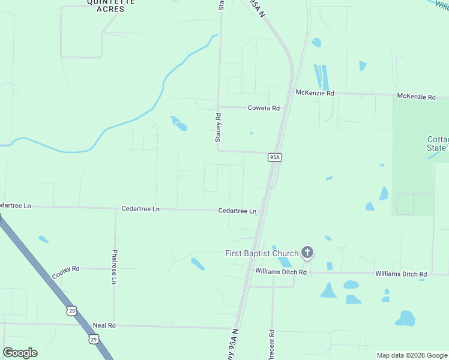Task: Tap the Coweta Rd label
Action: (264, 108)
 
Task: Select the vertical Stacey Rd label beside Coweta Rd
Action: (218, 128)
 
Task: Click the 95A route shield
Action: (275, 157)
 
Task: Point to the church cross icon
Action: (307, 253)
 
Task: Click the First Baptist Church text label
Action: (262, 253)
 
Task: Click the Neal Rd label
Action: (104, 325)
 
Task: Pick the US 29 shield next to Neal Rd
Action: (94, 339)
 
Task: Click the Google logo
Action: (20, 353)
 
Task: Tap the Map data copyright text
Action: (412, 356)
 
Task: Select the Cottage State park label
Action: (436, 143)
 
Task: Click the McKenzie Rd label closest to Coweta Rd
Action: (315, 93)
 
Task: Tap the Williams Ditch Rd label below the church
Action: (281, 272)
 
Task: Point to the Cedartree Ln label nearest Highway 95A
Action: (237, 211)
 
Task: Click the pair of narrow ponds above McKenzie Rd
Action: (321, 77)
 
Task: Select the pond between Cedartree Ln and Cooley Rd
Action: (44, 239)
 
